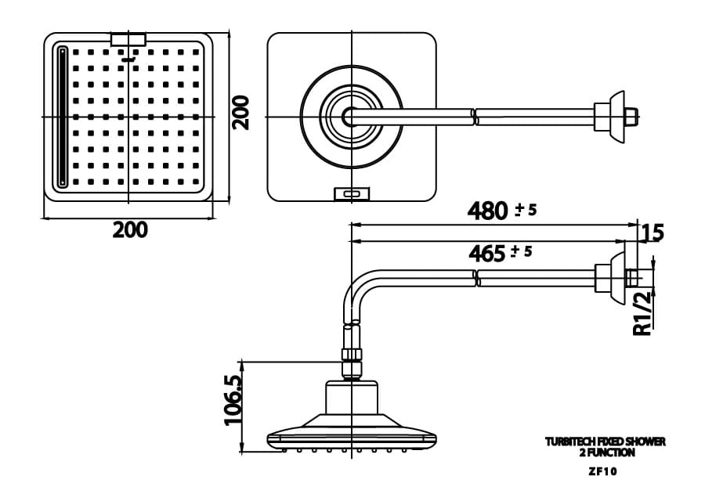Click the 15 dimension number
(653, 232)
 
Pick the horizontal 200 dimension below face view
(129, 230)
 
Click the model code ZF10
(605, 471)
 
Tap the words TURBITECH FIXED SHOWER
(605, 442)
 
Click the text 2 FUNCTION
(605, 452)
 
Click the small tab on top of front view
(128, 38)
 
